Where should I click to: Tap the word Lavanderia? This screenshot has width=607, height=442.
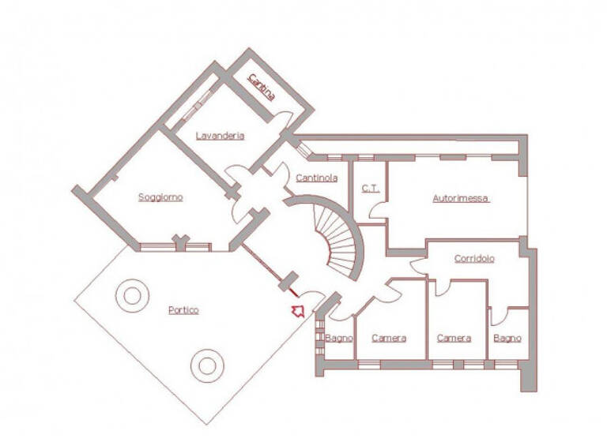221,136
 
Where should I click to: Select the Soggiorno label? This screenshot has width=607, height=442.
160,197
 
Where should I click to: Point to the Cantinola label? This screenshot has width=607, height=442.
317,178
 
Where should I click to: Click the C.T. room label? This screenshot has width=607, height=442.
371,188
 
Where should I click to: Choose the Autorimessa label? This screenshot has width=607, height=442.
461,199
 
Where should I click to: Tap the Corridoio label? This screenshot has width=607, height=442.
474,258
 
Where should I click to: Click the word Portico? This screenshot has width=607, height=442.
183,310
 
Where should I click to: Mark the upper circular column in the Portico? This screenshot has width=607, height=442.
131,295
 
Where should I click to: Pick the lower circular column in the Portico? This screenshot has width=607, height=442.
207,365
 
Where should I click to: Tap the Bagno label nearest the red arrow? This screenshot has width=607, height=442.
339,339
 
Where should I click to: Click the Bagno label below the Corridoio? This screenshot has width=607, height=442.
507,339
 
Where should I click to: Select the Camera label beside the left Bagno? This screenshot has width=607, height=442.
389,339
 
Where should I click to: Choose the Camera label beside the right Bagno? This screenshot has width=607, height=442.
454,339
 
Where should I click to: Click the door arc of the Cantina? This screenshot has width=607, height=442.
283,118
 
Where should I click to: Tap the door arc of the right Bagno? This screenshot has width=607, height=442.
497,316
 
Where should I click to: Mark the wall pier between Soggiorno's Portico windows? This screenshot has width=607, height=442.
180,242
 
